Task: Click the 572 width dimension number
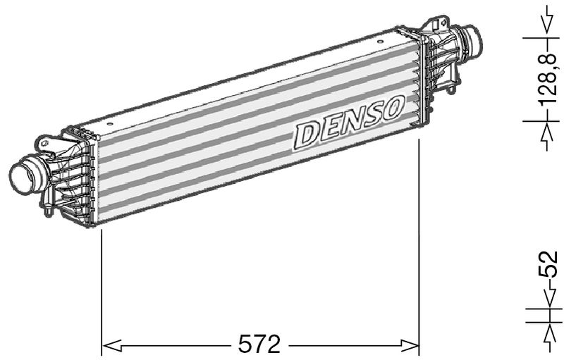tap(260, 345)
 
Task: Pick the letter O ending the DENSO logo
tap(391, 108)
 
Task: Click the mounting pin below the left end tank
tap(47, 210)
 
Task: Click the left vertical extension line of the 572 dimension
tap(103, 282)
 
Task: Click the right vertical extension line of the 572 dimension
tap(419, 240)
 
